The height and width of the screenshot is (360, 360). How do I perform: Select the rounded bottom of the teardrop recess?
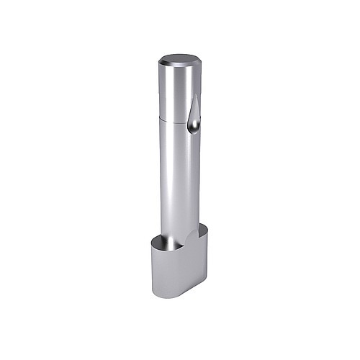tap(194, 130)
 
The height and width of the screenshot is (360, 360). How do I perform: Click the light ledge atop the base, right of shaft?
tap(200, 234)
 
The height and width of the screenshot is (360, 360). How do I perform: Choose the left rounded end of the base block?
tap(153, 266)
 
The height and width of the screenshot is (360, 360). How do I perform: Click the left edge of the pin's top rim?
tap(160, 63)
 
